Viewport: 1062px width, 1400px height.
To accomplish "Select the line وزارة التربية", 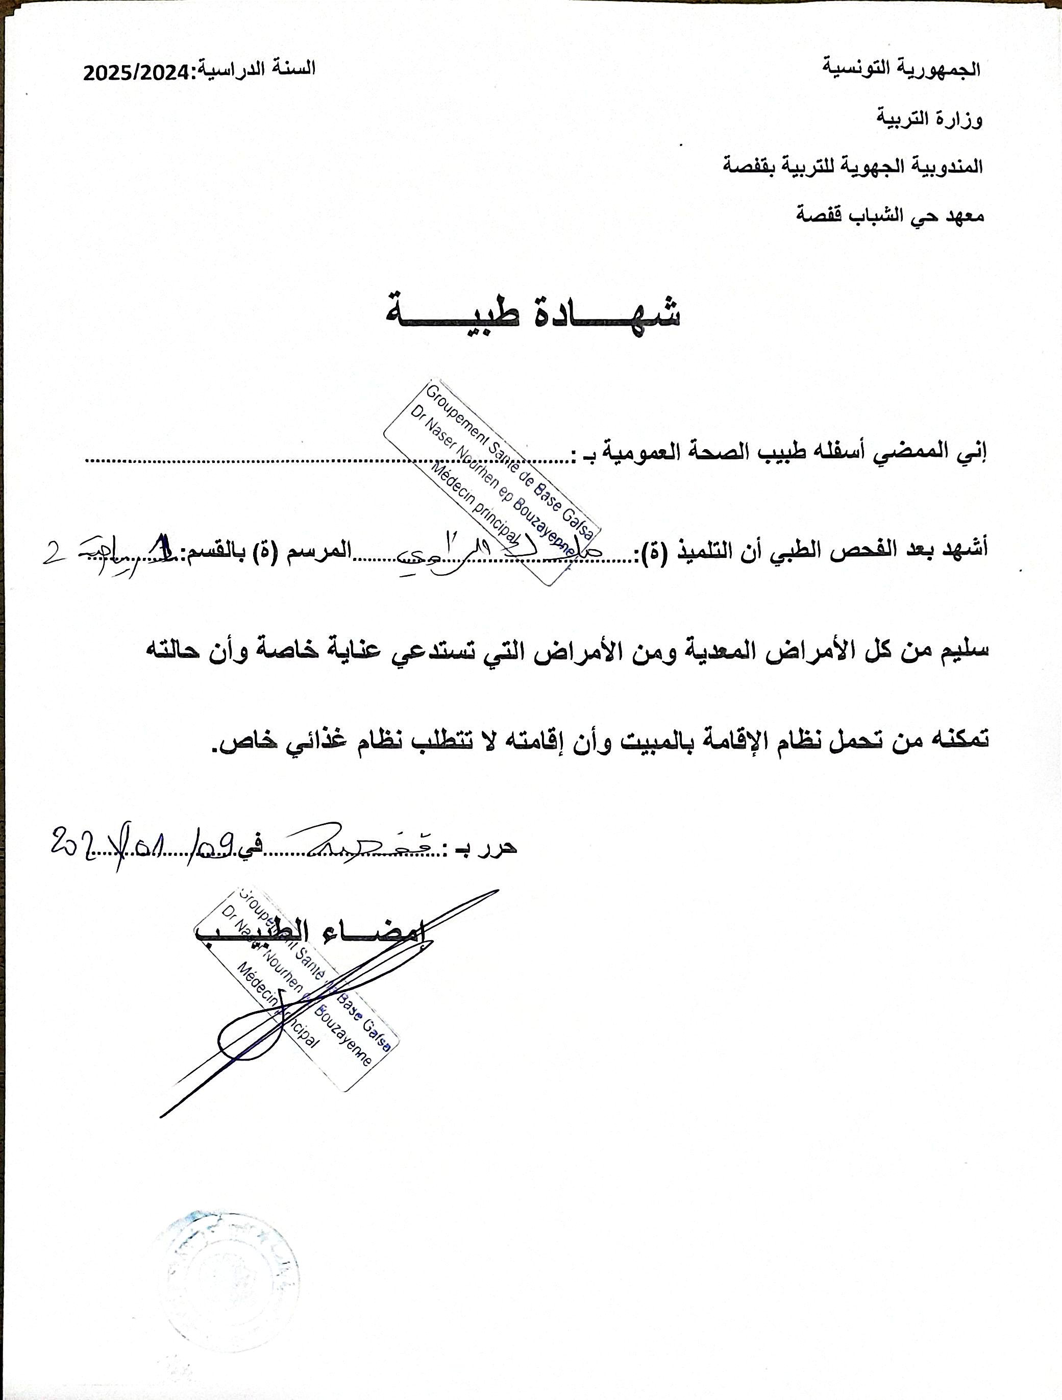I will coord(929,118).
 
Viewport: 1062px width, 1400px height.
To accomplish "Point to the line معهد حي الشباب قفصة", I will coord(889,215).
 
